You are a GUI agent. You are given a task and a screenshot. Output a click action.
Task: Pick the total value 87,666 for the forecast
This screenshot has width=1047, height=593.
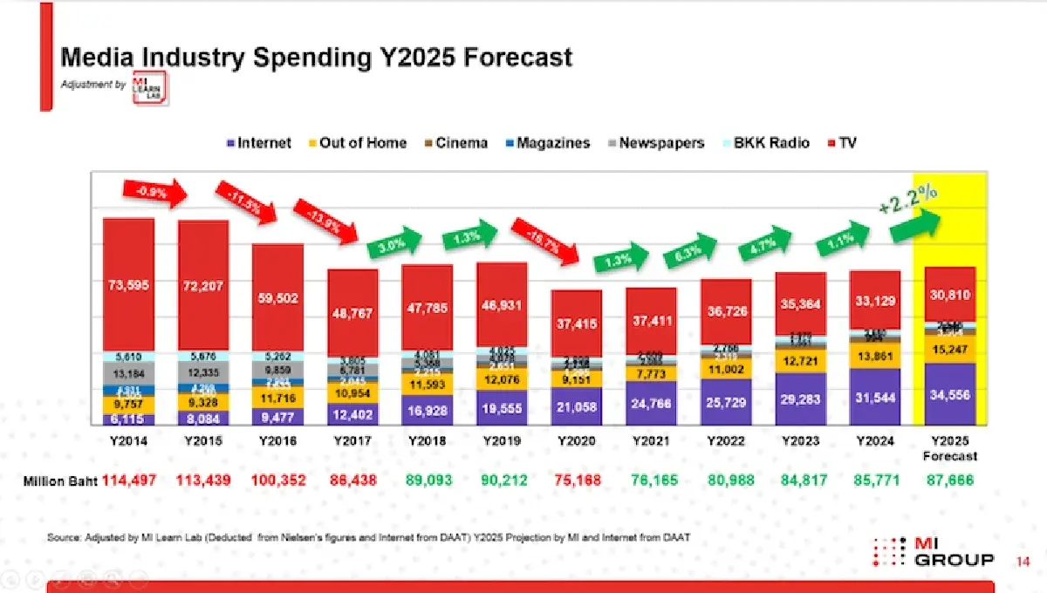pos(949,481)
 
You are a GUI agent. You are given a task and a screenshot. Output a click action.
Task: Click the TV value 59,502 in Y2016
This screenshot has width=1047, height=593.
pos(278,298)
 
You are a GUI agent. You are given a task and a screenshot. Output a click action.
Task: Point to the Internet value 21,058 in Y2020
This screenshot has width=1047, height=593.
pos(576,406)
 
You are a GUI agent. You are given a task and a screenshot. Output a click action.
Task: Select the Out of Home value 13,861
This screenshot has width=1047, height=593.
pos(874,357)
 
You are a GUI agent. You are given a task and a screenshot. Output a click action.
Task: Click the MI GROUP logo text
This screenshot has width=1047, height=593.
pos(953,552)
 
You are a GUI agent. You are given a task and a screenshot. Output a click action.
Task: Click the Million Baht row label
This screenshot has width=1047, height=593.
pos(59,481)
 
